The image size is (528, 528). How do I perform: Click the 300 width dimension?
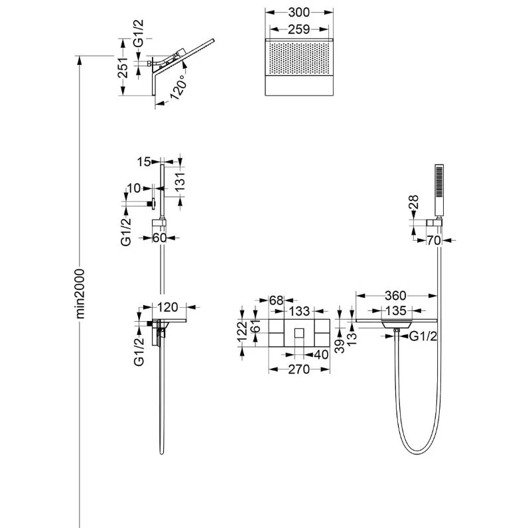click(x=298, y=13)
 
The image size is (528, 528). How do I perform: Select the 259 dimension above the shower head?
click(x=298, y=30)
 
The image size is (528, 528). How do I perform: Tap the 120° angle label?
click(x=179, y=87)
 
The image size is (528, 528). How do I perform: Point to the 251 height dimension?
click(x=123, y=68)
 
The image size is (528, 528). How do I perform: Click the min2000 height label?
click(x=80, y=294)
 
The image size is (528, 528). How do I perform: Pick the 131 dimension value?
click(x=180, y=182)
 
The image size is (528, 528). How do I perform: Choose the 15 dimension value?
click(x=144, y=162)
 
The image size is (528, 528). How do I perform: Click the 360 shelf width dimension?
click(x=395, y=296)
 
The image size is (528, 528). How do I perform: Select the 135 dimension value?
click(x=397, y=310)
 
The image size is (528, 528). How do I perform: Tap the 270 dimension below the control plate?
click(x=298, y=369)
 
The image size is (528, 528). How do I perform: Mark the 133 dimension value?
click(x=299, y=311)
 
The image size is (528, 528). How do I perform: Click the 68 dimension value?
click(x=277, y=300)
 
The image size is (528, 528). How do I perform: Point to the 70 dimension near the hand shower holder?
click(x=434, y=240)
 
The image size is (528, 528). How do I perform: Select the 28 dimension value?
click(x=414, y=202)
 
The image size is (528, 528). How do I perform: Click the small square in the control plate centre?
click(x=299, y=333)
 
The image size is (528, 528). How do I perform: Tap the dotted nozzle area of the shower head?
click(x=298, y=57)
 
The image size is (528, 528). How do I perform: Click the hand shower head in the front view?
click(x=439, y=190)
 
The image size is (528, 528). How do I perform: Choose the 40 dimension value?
click(x=321, y=354)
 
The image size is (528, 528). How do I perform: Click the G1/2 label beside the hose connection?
click(x=423, y=336)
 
